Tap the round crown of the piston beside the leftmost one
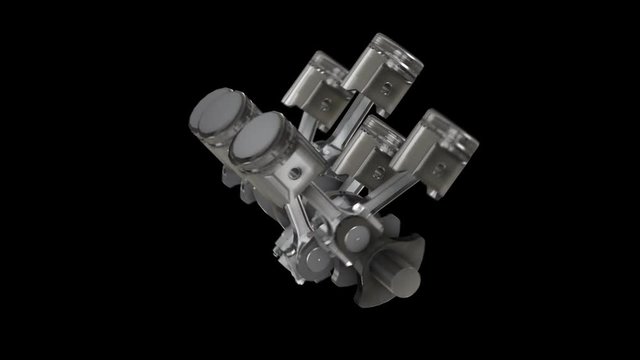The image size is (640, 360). pos(258,138)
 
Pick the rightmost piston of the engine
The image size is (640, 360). pos(435,140)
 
